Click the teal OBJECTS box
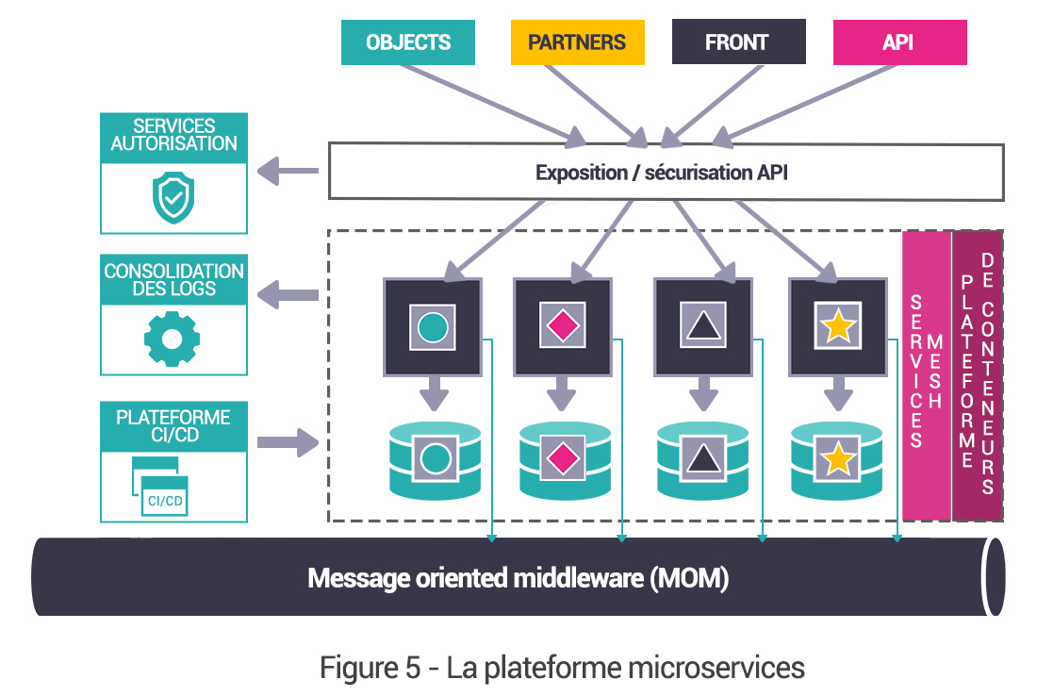click(x=408, y=42)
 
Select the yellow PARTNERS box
click(x=577, y=42)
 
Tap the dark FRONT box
click(x=738, y=42)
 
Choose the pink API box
click(x=899, y=42)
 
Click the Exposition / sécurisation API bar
click(x=665, y=173)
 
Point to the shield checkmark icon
click(x=173, y=196)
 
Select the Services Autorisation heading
click(x=173, y=135)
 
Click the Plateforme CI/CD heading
click(x=173, y=426)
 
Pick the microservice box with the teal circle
click(x=433, y=326)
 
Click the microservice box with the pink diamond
click(x=563, y=326)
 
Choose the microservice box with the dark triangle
click(x=702, y=326)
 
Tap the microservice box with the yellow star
click(x=837, y=326)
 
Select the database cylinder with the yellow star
click(x=837, y=459)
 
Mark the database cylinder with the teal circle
click(x=435, y=459)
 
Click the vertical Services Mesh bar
click(x=926, y=375)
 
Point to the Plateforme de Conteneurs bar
click(x=977, y=375)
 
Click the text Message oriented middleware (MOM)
click(x=518, y=577)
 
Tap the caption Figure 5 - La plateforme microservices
click(x=563, y=668)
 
